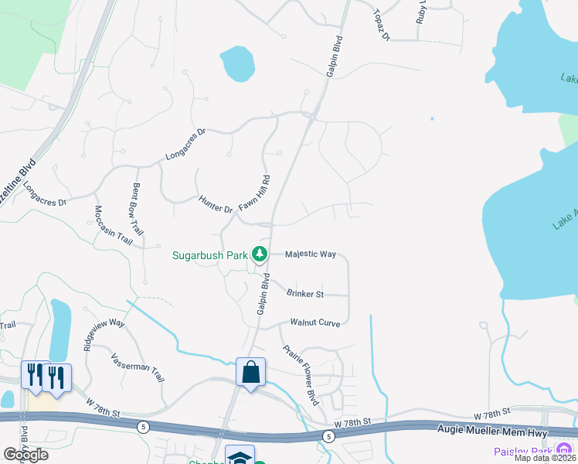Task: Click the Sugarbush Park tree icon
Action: coord(261,254)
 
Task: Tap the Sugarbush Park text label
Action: coord(210,254)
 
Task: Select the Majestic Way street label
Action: coord(311,254)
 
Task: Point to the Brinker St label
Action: coord(304,294)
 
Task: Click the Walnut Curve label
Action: coord(315,322)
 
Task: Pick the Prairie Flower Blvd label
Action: coord(301,375)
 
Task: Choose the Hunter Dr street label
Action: coord(216,204)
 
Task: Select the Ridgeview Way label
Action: coord(104,333)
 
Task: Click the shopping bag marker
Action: coord(251,373)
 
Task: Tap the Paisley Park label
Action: coord(523,451)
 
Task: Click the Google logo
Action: coord(25,454)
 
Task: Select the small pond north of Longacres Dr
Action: coord(237,64)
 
